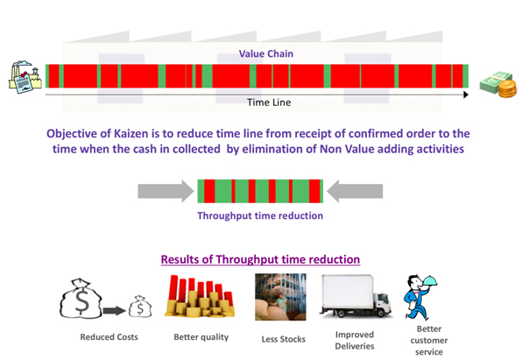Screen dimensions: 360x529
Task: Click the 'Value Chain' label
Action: pyautogui.click(x=265, y=53)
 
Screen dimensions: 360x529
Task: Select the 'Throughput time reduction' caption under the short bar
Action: pyautogui.click(x=260, y=215)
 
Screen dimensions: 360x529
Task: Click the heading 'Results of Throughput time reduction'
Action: pyautogui.click(x=260, y=259)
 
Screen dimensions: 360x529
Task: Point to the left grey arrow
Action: pyautogui.click(x=166, y=189)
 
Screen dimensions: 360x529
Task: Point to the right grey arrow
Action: pyautogui.click(x=356, y=189)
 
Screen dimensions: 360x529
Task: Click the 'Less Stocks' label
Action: pyautogui.click(x=280, y=340)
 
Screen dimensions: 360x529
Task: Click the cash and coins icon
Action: pyautogui.click(x=499, y=84)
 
